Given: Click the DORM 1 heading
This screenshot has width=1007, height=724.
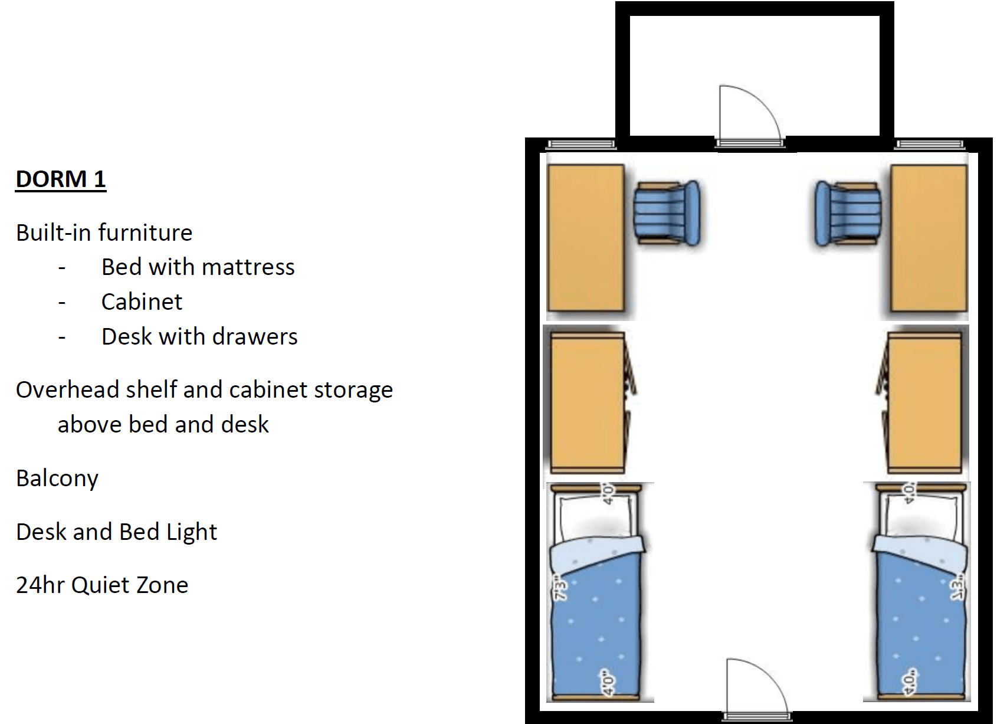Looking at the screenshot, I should tap(61, 179).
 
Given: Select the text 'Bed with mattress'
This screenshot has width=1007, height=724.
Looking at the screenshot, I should tap(198, 267).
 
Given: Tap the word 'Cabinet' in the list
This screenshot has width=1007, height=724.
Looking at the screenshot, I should tap(142, 302).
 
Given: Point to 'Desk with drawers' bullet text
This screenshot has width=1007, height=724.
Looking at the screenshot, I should tap(199, 336).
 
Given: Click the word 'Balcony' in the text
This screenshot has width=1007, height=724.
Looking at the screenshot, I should tap(57, 478).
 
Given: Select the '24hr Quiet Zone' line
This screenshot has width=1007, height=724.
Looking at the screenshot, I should tap(102, 585).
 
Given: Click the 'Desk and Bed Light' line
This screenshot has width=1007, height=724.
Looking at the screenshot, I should tap(116, 532).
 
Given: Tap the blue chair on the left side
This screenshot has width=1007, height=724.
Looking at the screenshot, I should tap(667, 212).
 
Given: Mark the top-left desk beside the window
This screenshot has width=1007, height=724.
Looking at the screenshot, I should tap(585, 237).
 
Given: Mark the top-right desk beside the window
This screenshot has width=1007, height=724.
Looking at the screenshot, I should tap(929, 237).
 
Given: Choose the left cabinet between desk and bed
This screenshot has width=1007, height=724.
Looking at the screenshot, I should tap(587, 402).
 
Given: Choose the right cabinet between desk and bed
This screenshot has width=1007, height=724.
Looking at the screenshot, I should tap(924, 402).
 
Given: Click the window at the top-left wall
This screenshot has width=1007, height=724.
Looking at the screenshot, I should tap(581, 144).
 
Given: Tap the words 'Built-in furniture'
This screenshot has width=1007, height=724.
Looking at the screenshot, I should tap(104, 232).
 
